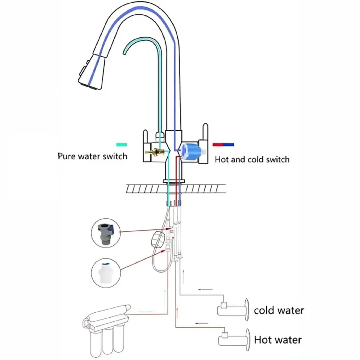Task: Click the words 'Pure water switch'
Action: pyautogui.click(x=92, y=157)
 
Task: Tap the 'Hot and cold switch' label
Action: pyautogui.click(x=252, y=159)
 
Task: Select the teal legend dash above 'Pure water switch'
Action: pyautogui.click(x=121, y=145)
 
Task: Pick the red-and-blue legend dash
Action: pyautogui.click(x=223, y=145)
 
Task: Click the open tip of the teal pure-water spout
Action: pyautogui.click(x=125, y=52)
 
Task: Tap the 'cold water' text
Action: pyautogui.click(x=279, y=310)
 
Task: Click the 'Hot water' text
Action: pyautogui.click(x=278, y=340)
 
